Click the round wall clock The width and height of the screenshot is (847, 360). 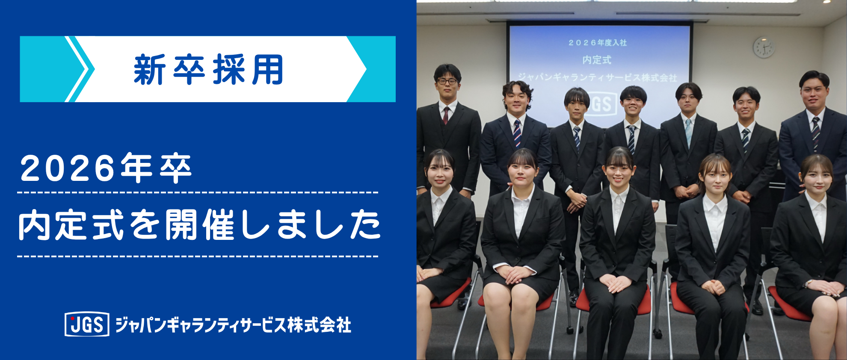pyautogui.click(x=764, y=47)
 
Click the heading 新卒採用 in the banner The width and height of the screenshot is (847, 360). pyautogui.click(x=208, y=69)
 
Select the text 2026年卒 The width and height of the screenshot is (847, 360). pyautogui.click(x=106, y=168)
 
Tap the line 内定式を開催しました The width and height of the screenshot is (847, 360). pyautogui.click(x=199, y=225)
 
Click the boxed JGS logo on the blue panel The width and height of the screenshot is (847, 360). pyautogui.click(x=87, y=325)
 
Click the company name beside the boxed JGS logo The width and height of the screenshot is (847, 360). pyautogui.click(x=234, y=325)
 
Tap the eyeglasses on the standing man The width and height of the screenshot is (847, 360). pyautogui.click(x=447, y=81)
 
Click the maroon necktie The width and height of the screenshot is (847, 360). pyautogui.click(x=446, y=115)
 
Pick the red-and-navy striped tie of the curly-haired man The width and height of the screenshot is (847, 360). pyautogui.click(x=517, y=133)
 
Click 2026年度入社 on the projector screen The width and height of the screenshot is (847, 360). pyautogui.click(x=597, y=43)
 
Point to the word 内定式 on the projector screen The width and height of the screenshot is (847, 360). pyautogui.click(x=597, y=60)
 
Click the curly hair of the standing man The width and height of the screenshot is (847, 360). pyautogui.click(x=517, y=88)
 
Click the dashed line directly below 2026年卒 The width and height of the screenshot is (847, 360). pyautogui.click(x=198, y=193)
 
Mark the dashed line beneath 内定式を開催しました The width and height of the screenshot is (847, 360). pyautogui.click(x=198, y=257)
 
